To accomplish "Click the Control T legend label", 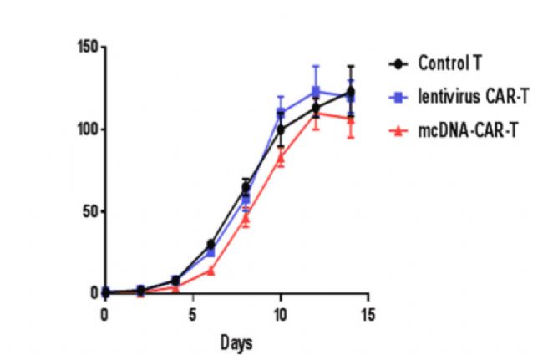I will pos(450,63).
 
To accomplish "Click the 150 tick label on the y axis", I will pos(85,47).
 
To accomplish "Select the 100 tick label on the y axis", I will pos(85,129).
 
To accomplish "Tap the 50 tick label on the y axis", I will pos(88,211).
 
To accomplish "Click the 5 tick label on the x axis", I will pos(192,315).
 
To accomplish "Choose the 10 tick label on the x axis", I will pos(280,315).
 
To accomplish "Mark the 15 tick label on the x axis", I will pos(368,315).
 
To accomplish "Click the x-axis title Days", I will pos(236,342).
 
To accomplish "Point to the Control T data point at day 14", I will pos(350,91).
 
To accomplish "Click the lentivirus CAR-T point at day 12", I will pos(316,90).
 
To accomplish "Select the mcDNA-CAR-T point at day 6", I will pos(211,271).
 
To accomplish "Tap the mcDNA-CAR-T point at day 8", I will pos(246,218).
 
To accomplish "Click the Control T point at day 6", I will pos(211,244).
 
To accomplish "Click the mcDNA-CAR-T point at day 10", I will pos(281,156).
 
